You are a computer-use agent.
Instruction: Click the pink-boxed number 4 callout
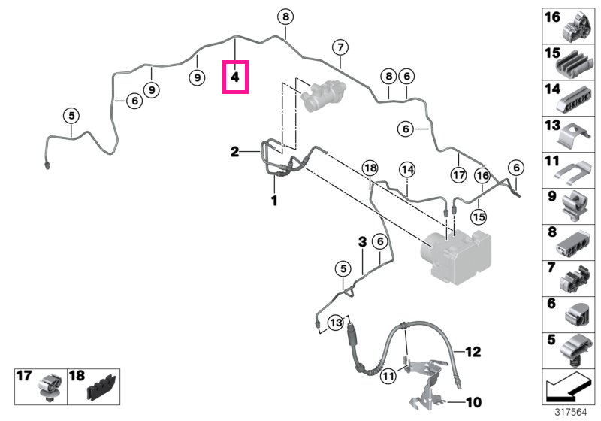(x=235, y=77)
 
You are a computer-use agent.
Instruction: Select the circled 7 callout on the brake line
(x=340, y=47)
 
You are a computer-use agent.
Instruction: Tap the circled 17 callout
(x=459, y=175)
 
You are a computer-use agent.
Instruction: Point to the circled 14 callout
(x=407, y=169)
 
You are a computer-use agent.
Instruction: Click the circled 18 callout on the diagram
(x=370, y=168)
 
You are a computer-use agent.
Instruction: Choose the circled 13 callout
(x=336, y=322)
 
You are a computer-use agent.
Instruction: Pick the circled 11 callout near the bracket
(x=388, y=376)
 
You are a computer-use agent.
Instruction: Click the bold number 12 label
(x=473, y=352)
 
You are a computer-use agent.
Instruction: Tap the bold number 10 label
(x=473, y=402)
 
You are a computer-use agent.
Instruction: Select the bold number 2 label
(x=235, y=151)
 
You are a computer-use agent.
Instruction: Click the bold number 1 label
(x=274, y=200)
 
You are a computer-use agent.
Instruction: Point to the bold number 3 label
(x=362, y=241)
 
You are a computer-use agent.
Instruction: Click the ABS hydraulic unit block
(x=456, y=256)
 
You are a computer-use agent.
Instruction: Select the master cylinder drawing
(x=324, y=95)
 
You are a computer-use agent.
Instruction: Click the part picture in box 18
(x=101, y=388)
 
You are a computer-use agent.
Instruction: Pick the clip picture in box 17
(x=50, y=387)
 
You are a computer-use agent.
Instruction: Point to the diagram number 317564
(x=571, y=412)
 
